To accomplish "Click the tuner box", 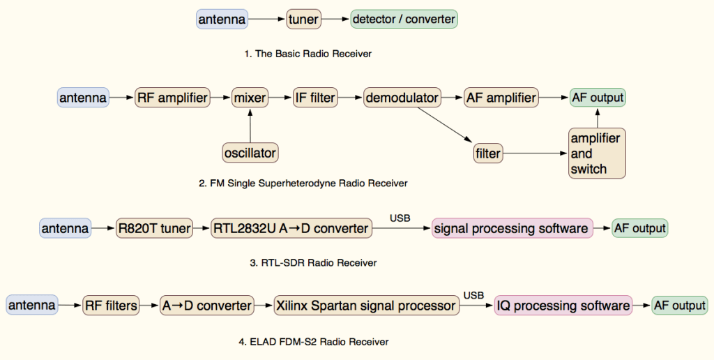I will point(303,20).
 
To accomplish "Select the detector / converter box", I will point(404,20).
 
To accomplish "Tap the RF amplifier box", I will point(172,98).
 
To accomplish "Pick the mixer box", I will point(250,98).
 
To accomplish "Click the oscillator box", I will point(250,151).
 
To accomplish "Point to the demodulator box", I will point(402,98).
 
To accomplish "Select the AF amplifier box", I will point(501,98).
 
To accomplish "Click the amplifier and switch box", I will point(597,153).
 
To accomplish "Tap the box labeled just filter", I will point(487,152).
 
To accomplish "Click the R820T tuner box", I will point(155,228).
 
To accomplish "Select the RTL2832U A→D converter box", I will point(290,228).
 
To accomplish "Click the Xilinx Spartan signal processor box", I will point(366,306).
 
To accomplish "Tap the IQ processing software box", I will point(563,306).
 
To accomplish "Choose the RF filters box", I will point(111,306).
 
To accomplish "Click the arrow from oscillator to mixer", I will point(250,126).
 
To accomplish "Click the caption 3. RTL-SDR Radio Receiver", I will point(313,263).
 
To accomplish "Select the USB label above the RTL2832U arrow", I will point(400,218).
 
